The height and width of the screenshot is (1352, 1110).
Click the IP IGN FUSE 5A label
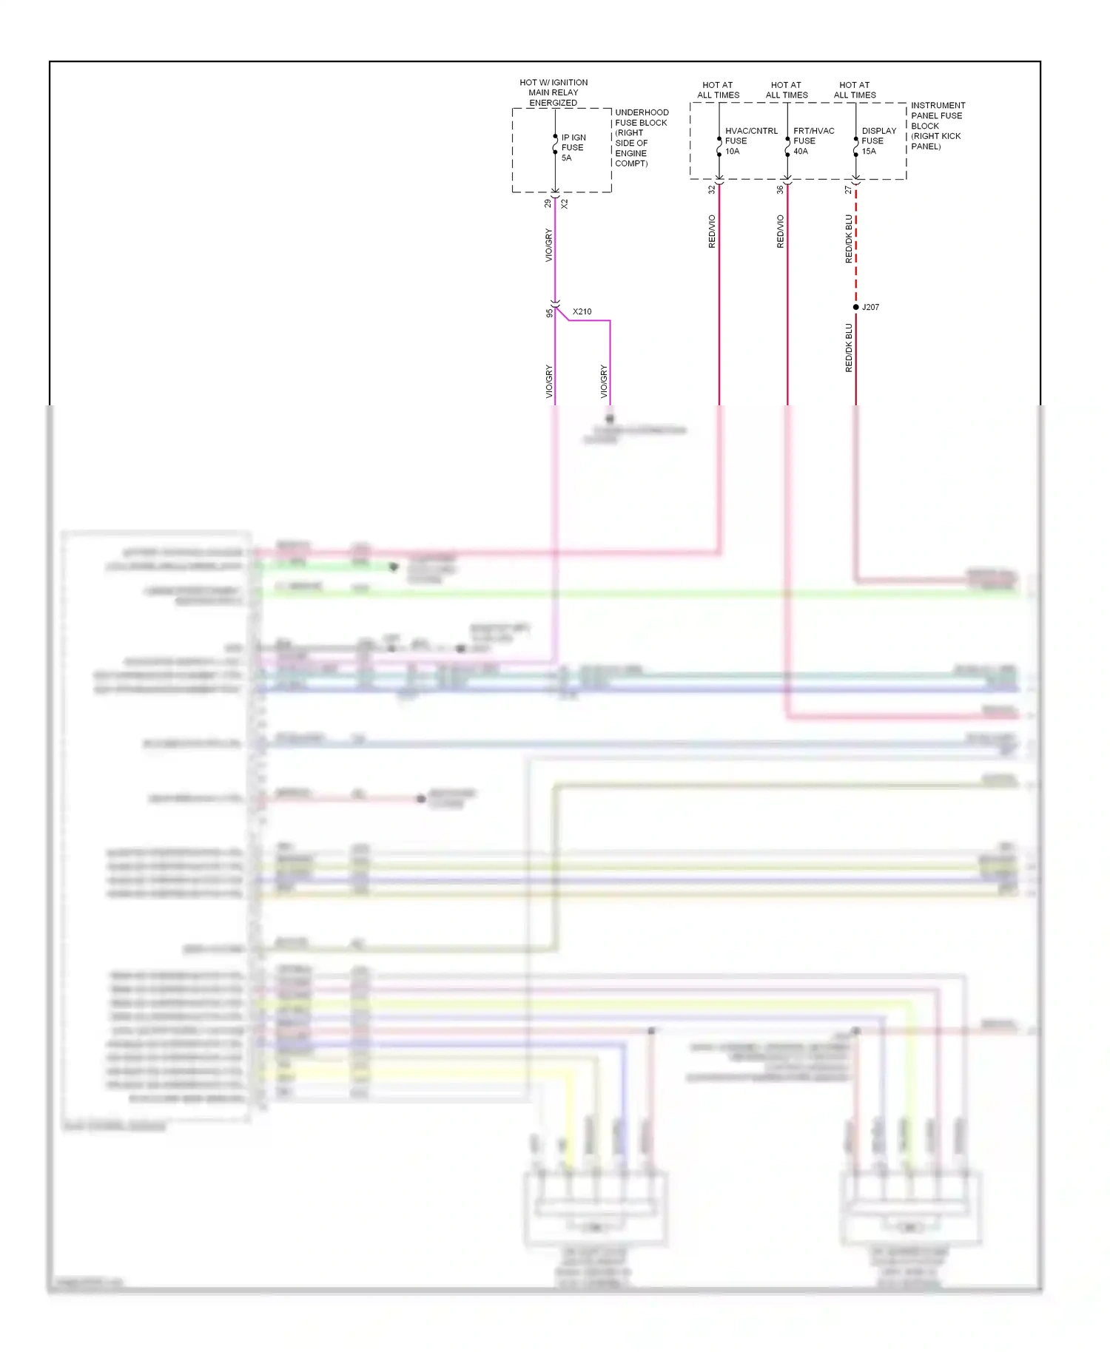click(573, 147)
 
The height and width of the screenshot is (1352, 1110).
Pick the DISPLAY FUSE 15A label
click(878, 141)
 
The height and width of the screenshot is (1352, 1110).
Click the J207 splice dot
click(856, 307)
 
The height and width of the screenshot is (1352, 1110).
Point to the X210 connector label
click(582, 311)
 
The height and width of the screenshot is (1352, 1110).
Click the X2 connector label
click(565, 203)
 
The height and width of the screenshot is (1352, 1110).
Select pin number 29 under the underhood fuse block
click(548, 203)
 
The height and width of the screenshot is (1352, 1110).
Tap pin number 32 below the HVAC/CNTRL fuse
click(712, 190)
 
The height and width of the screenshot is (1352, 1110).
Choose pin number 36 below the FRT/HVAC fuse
click(780, 190)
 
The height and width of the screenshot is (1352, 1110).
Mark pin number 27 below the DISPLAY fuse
click(848, 190)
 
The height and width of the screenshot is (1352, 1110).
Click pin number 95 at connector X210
click(549, 313)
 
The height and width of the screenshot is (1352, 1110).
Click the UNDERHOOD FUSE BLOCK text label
click(641, 138)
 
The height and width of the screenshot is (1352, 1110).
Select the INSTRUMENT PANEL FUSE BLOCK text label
click(937, 126)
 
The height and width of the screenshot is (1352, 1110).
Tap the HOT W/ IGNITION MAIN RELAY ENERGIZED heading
click(554, 92)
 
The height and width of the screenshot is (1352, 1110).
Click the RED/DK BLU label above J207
click(849, 239)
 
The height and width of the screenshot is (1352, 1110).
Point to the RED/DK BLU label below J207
click(849, 348)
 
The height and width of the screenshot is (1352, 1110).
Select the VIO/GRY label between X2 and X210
click(548, 245)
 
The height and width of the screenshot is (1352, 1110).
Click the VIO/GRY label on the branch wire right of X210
click(604, 382)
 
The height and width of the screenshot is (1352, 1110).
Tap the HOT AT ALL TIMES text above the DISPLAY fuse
click(855, 90)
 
